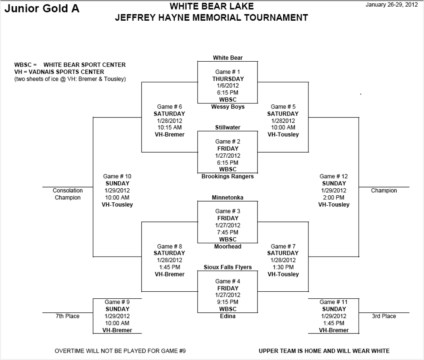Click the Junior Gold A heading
click(42, 9)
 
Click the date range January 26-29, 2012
click(392, 5)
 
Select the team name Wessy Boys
click(228, 107)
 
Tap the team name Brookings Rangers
click(228, 176)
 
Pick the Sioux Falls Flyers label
click(228, 267)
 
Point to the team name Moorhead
click(228, 247)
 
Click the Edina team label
click(228, 316)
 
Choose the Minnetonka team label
click(228, 198)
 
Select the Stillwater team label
click(228, 127)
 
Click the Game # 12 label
click(334, 176)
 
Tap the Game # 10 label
click(117, 176)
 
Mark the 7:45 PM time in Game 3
click(228, 233)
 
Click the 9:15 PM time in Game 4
click(228, 302)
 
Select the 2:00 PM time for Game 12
click(334, 197)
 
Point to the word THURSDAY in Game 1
click(228, 79)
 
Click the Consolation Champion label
click(67, 194)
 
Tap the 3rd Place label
click(383, 316)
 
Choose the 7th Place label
click(67, 316)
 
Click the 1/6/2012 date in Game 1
click(228, 86)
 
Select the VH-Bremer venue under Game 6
click(169, 134)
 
